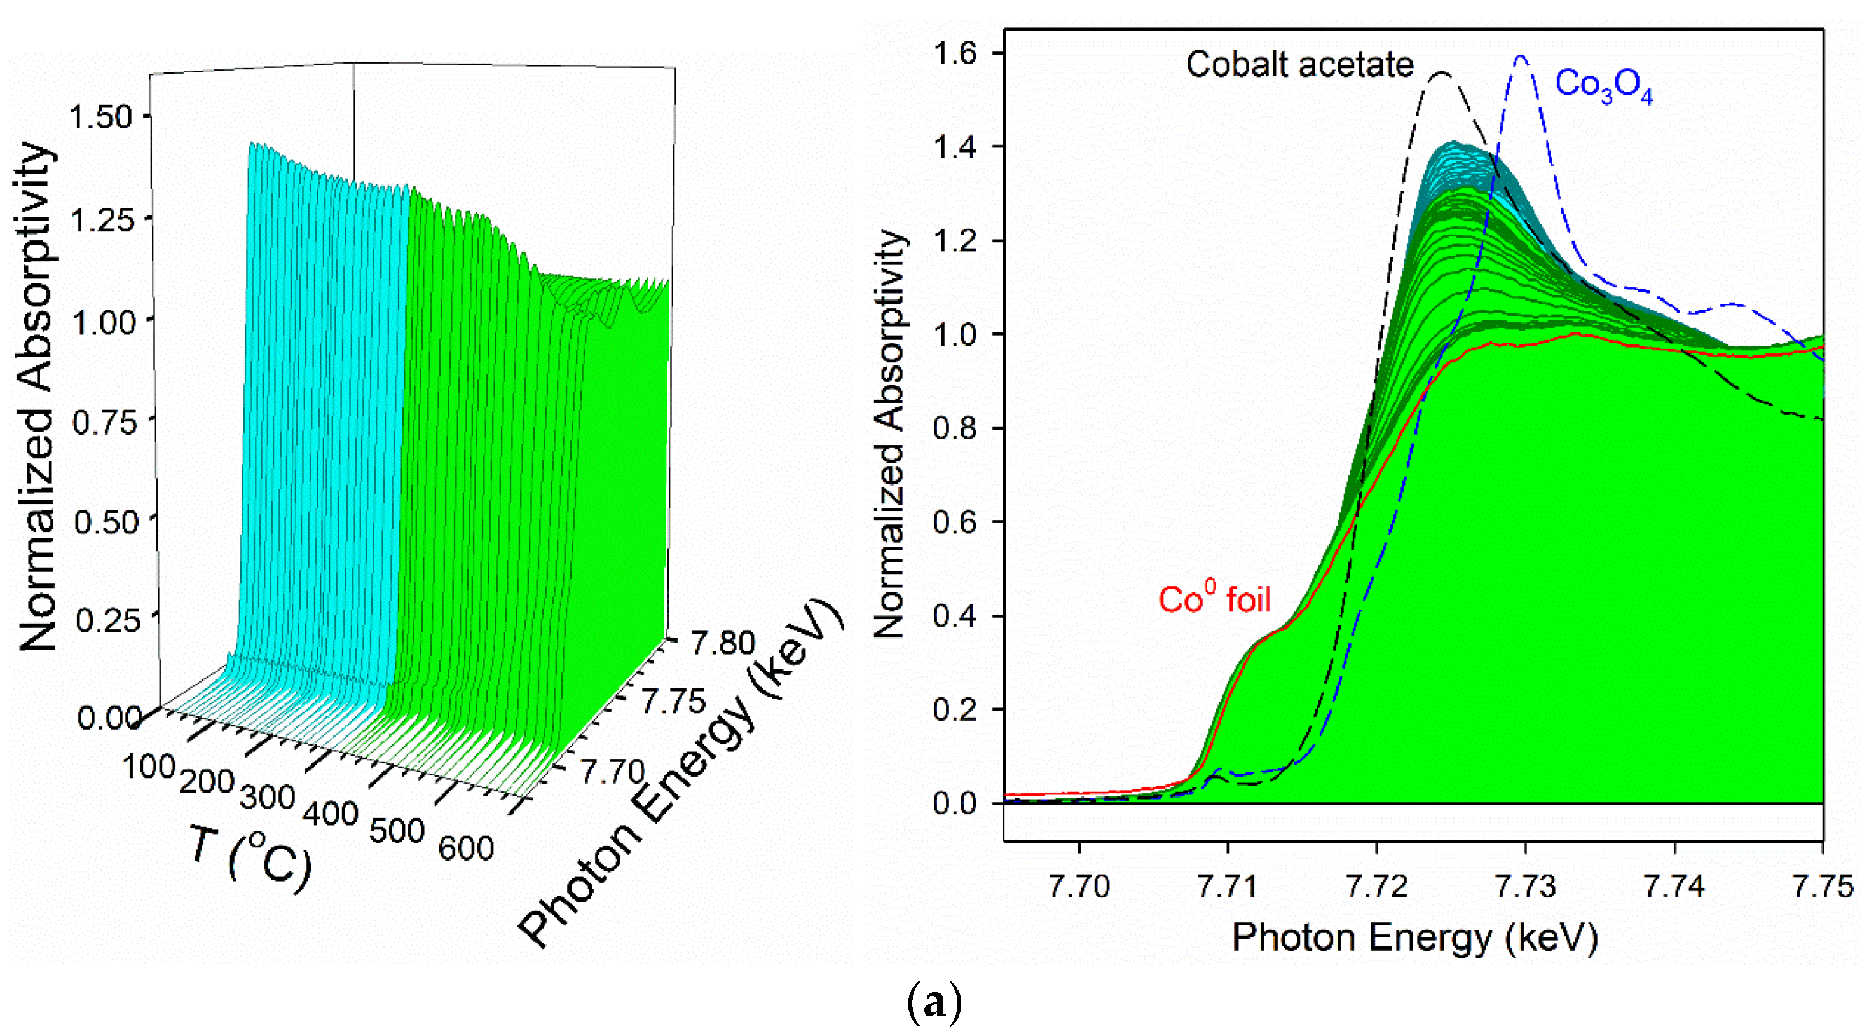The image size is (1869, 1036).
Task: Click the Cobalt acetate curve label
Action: coord(1299,65)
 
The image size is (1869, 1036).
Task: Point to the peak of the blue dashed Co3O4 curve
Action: coord(1521,56)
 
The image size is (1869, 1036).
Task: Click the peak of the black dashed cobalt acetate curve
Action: coord(1442,72)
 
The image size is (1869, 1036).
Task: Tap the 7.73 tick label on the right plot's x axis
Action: coord(1526,886)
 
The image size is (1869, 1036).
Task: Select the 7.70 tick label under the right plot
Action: coord(1079,886)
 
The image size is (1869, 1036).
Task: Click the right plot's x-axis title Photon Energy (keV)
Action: coord(1415,938)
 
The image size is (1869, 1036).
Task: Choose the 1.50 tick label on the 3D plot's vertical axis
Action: coord(100,118)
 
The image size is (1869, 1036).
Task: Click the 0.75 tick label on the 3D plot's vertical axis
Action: coord(104,422)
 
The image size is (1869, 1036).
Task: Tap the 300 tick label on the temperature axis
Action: coord(267,797)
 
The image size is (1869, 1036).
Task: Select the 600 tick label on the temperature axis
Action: coord(466,848)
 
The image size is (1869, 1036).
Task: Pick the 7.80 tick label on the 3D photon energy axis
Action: coord(723,643)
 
